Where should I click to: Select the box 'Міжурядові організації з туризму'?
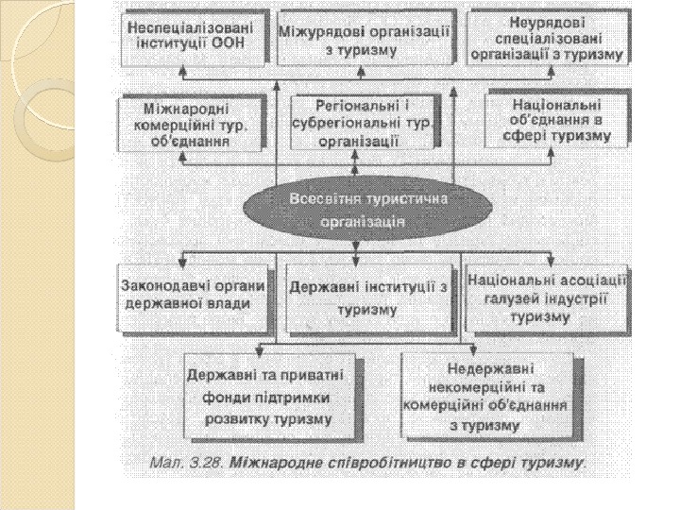[x=365, y=38]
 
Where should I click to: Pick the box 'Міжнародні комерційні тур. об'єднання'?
[x=190, y=122]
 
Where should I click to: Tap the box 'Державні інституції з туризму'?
[x=367, y=297]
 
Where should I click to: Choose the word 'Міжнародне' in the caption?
[x=273, y=464]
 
